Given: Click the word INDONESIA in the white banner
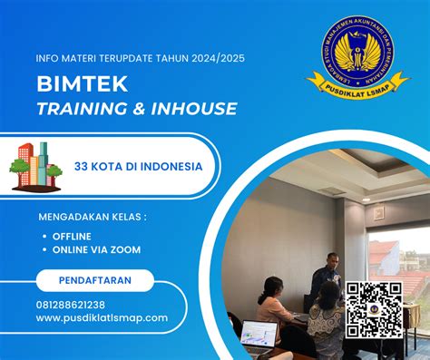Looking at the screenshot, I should [x=171, y=167].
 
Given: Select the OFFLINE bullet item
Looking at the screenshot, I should [x=73, y=236].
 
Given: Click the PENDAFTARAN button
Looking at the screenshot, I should [x=94, y=280].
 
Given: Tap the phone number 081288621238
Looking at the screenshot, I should [x=71, y=305].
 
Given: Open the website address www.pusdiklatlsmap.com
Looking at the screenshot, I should [x=103, y=317].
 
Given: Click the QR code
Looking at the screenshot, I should [x=374, y=309].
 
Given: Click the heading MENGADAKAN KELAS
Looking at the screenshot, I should [x=92, y=218].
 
